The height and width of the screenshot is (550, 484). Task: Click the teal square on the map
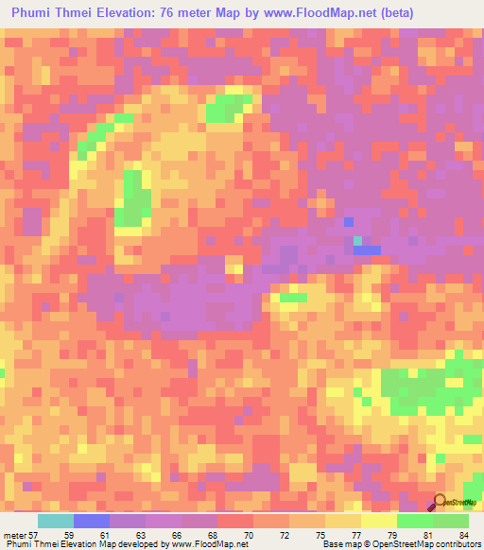pyautogui.click(x=357, y=241)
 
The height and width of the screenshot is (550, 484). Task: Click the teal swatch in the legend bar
pyautogui.click(x=56, y=521)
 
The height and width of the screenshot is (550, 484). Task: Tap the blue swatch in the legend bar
pyautogui.click(x=92, y=521)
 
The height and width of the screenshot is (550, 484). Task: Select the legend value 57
pyautogui.click(x=34, y=535)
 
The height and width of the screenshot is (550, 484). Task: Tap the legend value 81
pyautogui.click(x=418, y=535)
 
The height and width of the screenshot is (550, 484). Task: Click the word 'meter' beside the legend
pyautogui.click(x=14, y=535)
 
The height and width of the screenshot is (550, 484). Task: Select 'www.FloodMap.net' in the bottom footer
pyautogui.click(x=203, y=545)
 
